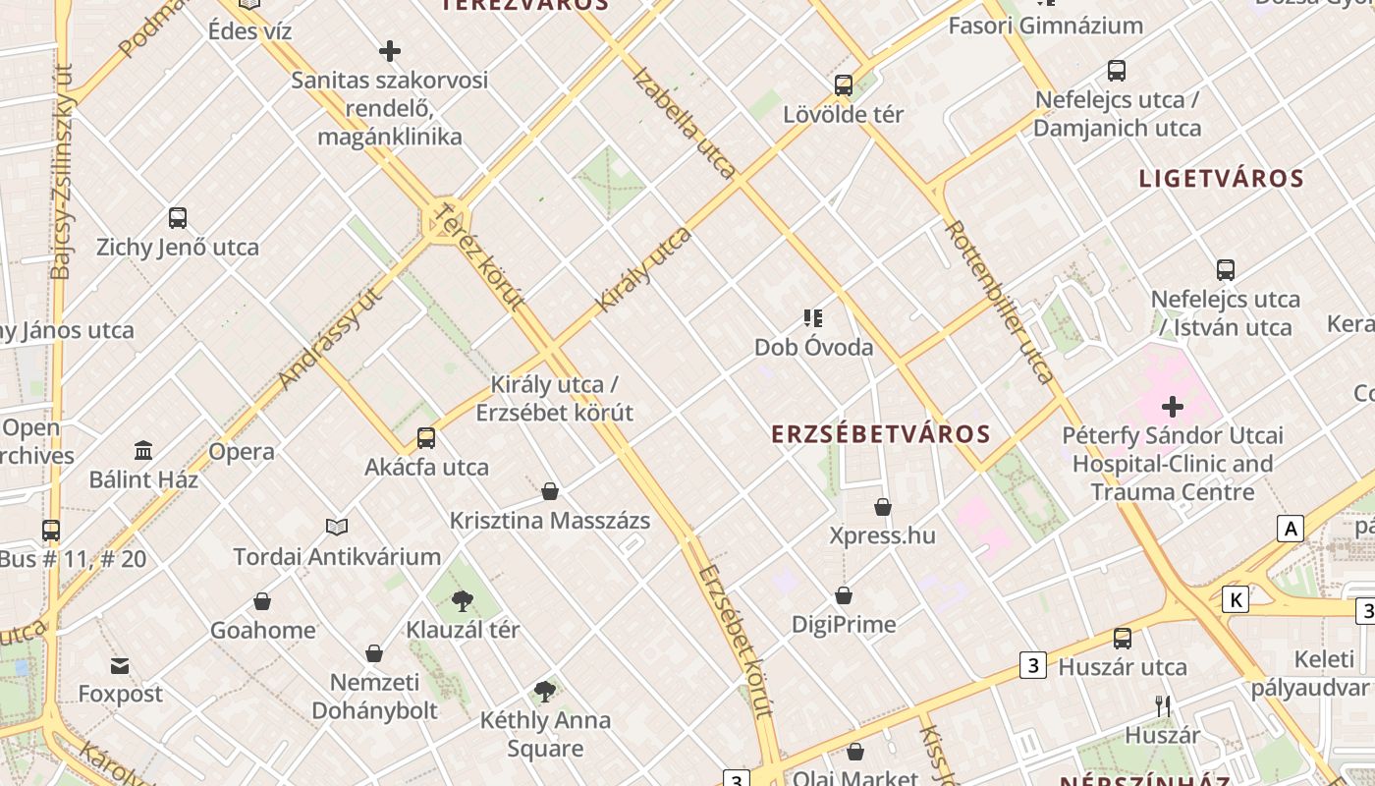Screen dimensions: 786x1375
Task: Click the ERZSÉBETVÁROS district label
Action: [x=880, y=433]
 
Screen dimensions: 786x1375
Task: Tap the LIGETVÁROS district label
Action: [x=1221, y=178]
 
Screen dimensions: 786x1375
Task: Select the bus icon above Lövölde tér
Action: [x=844, y=85]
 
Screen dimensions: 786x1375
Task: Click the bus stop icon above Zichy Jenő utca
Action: [x=178, y=218]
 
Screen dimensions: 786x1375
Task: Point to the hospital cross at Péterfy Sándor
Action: [x=1173, y=406]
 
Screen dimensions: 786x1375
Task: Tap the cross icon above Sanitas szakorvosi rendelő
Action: [x=390, y=51]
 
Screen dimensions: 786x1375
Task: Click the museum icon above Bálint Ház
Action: [x=143, y=451]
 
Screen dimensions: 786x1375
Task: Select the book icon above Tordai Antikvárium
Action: [x=337, y=528]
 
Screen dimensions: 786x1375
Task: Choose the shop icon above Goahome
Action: [x=262, y=601]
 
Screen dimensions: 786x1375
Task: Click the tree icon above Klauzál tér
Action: [x=463, y=600]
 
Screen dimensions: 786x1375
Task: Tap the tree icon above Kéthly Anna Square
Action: [x=545, y=692]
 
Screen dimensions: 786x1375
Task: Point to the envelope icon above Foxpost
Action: [x=120, y=666]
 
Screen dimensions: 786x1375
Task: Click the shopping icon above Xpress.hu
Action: [x=883, y=507]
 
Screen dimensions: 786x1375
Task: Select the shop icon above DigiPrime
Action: [x=844, y=595]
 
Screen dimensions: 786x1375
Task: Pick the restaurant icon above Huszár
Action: [x=1163, y=706]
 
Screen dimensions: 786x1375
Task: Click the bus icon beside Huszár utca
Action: [x=1123, y=639]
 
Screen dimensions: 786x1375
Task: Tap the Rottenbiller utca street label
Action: [x=1000, y=301]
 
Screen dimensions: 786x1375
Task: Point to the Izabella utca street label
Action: [x=685, y=123]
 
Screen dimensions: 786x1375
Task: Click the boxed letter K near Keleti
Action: [x=1236, y=599]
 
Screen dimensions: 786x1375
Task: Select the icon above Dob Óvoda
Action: [x=813, y=318]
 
